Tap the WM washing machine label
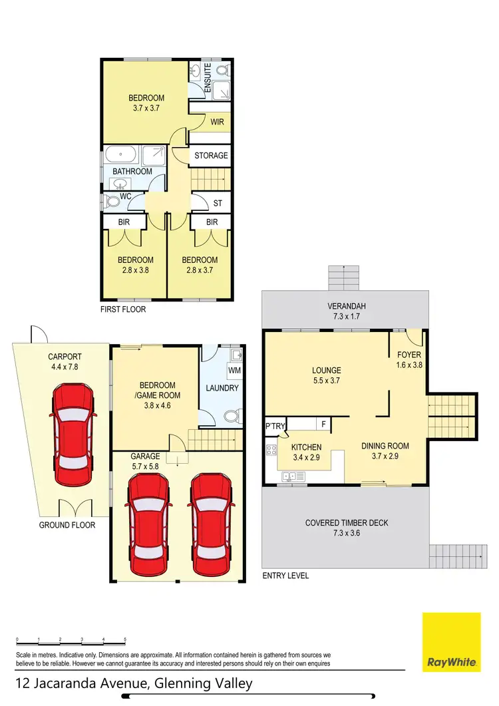234,369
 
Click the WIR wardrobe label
216,122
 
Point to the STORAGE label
211,156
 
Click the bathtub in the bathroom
120,154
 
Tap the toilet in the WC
110,200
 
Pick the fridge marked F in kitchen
323,424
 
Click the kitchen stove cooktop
271,449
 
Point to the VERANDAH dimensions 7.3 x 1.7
345,318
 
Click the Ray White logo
451,642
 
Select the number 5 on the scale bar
125,639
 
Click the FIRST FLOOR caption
122,309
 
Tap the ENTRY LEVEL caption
285,576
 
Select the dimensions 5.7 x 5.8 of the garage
145,467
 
